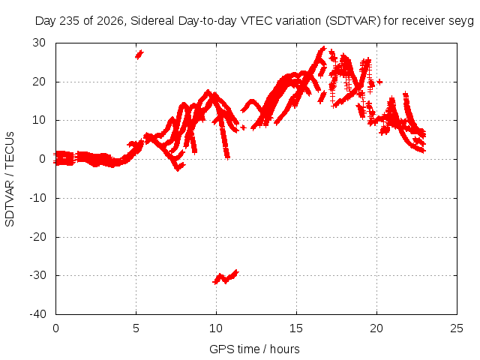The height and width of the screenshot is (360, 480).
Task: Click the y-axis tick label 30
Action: tap(39, 43)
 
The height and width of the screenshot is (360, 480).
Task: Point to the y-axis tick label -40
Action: tap(37, 314)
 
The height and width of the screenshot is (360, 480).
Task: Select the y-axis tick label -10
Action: tap(37, 198)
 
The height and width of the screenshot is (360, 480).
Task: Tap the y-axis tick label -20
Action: tap(37, 237)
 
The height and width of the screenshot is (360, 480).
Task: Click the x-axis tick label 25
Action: tap(457, 328)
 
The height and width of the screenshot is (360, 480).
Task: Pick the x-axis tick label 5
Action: tap(136, 328)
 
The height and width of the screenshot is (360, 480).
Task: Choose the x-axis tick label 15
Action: tap(296, 328)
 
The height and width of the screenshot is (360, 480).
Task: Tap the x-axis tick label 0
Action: tap(55, 328)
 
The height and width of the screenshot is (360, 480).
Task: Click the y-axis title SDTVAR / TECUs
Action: tap(10, 179)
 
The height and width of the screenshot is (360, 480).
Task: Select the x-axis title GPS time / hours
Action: tap(254, 349)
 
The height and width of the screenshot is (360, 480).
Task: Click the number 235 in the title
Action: tap(70, 21)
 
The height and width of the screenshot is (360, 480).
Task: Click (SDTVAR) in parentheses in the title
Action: tap(352, 21)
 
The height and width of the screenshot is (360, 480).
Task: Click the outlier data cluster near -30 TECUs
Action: tap(226, 277)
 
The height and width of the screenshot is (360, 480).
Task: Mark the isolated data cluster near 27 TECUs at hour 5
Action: tap(139, 55)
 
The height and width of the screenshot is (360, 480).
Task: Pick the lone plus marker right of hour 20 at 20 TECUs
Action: tap(379, 82)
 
